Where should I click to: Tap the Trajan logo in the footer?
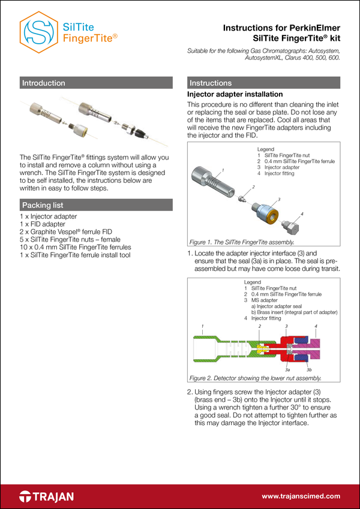[47, 496]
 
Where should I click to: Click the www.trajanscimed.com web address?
[301, 496]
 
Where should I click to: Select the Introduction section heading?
[44, 83]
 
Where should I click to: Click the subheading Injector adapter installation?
[235, 95]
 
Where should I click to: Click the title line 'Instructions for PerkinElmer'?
[281, 28]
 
